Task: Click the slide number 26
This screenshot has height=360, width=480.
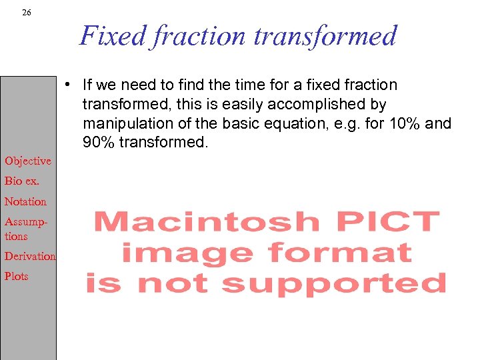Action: [26, 12]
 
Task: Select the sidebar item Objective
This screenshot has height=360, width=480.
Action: [28, 161]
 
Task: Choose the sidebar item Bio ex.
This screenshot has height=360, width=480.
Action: [21, 181]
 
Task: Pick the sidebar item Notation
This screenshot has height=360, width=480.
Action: [25, 201]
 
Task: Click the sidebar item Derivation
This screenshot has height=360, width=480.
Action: [30, 256]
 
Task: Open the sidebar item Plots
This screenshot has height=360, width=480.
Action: [17, 276]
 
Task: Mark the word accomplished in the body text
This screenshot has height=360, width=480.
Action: [319, 104]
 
